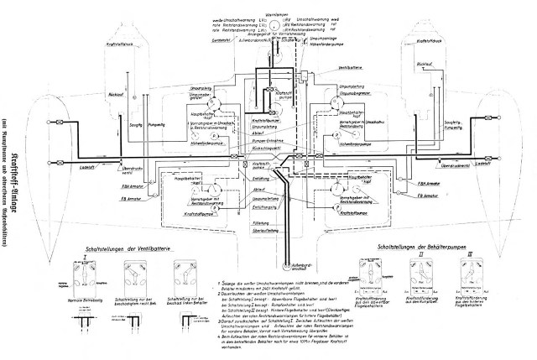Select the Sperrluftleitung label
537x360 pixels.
[x=265, y=229]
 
